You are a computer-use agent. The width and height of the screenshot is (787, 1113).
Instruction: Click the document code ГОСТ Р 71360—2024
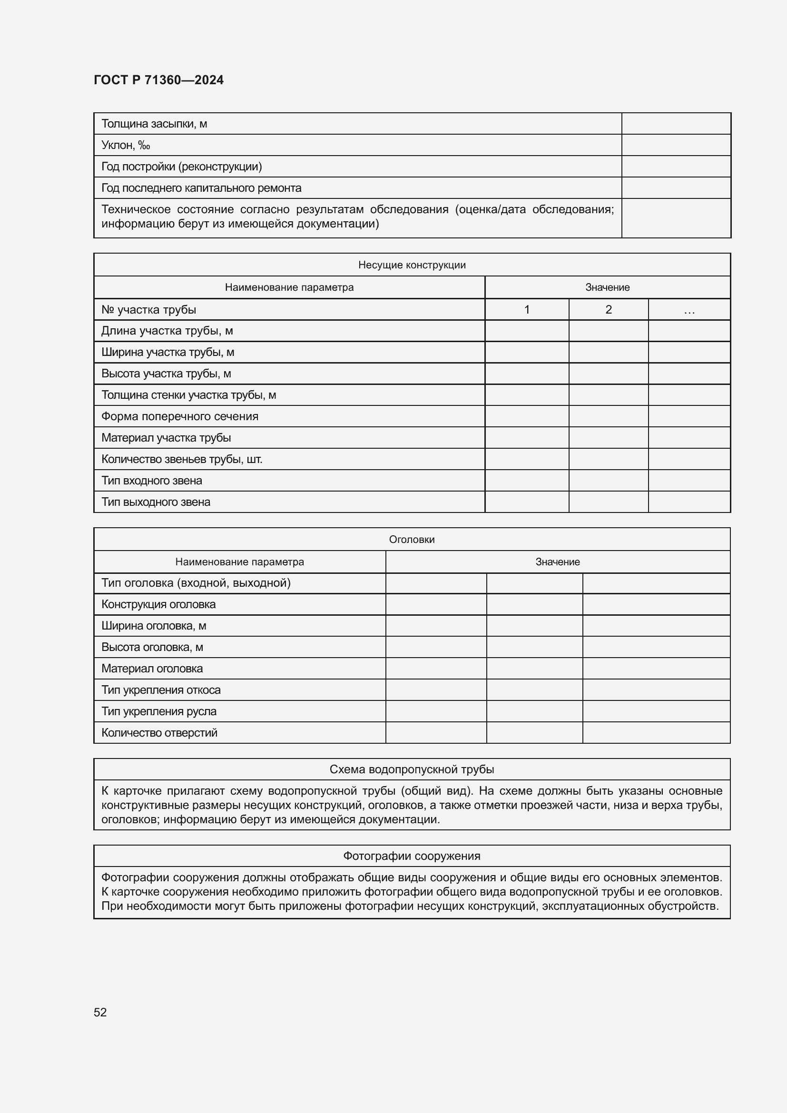coord(158,80)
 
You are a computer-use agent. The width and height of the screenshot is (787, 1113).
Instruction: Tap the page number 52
coord(100,1012)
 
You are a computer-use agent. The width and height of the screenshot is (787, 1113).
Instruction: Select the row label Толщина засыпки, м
coord(154,124)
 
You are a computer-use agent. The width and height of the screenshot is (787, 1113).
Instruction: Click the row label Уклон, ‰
coord(126,145)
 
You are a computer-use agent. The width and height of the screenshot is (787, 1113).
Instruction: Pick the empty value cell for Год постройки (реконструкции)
coord(676,166)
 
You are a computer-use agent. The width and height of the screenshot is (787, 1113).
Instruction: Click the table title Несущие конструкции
coord(412,265)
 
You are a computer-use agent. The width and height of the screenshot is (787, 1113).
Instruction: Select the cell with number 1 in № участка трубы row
coord(526,309)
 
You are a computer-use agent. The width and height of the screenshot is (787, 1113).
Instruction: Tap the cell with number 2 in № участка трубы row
coord(608,309)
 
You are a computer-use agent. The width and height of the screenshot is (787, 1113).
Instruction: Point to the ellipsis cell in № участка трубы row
coord(689,309)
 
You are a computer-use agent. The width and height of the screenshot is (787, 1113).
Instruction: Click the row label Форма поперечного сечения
coord(180,416)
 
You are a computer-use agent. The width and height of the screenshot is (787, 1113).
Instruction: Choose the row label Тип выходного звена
coord(156,502)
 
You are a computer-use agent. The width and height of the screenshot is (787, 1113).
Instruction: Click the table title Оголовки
coord(412,540)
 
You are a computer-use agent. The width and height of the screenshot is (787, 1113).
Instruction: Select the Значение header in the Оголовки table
coord(557,562)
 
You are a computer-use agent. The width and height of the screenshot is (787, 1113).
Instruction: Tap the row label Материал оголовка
coord(152,669)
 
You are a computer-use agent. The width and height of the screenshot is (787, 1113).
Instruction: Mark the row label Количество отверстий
coord(159,732)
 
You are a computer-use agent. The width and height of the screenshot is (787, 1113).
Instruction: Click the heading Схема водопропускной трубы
coord(412,769)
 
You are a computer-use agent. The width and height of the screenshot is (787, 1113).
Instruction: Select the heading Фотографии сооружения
coord(412,856)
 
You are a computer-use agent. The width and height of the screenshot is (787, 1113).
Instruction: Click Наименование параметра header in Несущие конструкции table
coord(289,287)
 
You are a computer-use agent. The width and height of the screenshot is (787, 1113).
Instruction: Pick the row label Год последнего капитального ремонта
coord(201,187)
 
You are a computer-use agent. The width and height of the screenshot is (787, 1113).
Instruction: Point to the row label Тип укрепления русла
coord(159,711)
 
